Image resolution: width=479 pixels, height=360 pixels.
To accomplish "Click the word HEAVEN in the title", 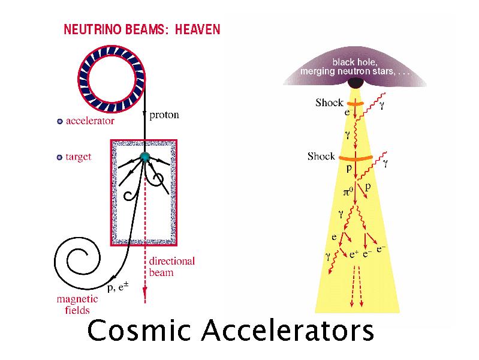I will (x=197, y=28).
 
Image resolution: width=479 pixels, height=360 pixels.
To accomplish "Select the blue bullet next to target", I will (x=59, y=157).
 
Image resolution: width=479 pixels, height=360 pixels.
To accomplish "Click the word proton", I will (x=164, y=115).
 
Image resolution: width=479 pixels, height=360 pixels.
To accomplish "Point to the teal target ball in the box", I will (x=144, y=157).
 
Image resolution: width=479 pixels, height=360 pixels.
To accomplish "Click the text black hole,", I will (x=355, y=62).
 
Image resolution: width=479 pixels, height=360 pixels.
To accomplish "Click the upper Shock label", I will (x=329, y=103).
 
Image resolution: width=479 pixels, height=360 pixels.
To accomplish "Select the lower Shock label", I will (x=321, y=156).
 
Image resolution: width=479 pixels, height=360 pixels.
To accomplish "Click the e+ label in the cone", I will (x=354, y=254).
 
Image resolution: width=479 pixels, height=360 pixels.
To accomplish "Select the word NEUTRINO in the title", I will (x=89, y=28).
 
